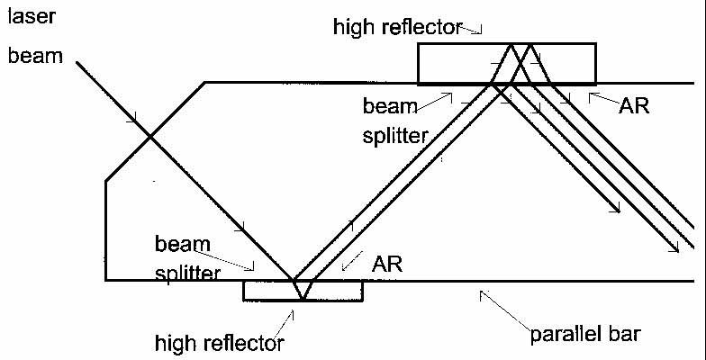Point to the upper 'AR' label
click(x=633, y=105)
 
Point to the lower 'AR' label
click(x=389, y=265)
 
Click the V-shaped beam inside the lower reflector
click(x=302, y=289)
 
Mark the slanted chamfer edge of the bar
click(x=154, y=131)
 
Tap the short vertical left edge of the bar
click(x=105, y=230)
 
